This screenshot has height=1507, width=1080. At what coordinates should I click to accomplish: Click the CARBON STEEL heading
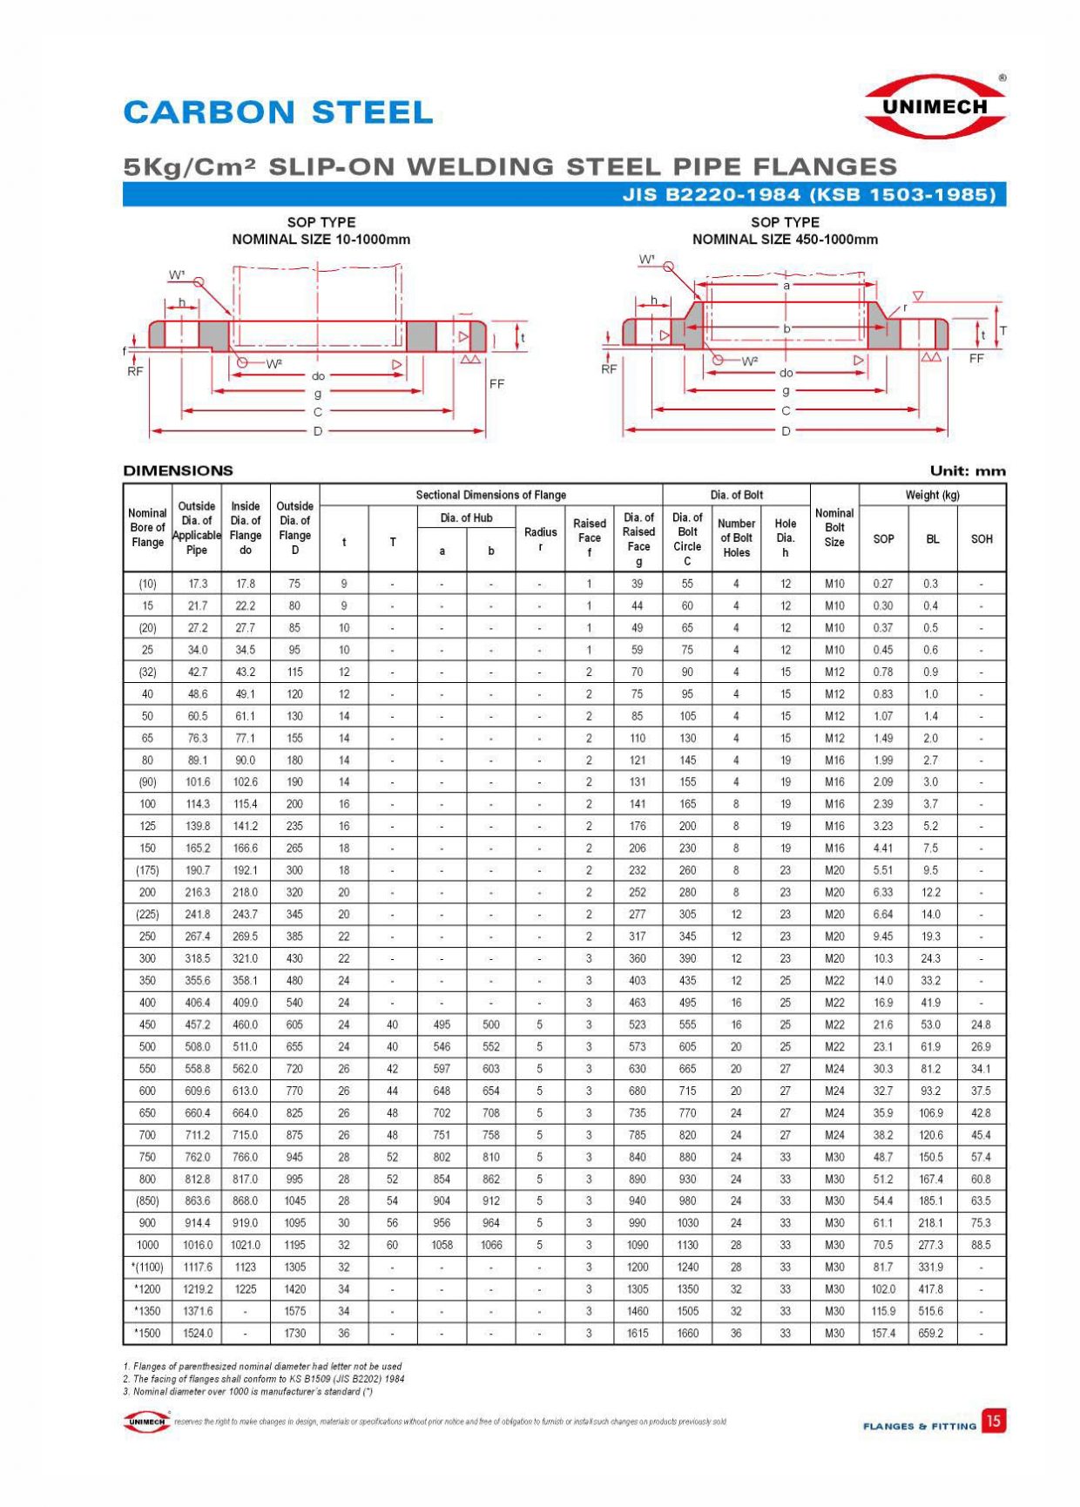pyautogui.click(x=278, y=112)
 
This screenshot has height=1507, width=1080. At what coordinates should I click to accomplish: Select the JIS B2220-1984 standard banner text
pyautogui.click(x=808, y=194)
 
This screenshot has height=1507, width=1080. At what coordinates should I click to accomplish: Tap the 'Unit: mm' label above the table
pyautogui.click(x=967, y=471)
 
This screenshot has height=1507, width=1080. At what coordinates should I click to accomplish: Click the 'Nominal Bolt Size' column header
pyautogui.click(x=834, y=527)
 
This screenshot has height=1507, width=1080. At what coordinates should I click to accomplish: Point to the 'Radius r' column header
pyautogui.click(x=540, y=539)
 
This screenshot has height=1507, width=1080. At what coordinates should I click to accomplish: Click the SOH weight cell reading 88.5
pyautogui.click(x=981, y=1245)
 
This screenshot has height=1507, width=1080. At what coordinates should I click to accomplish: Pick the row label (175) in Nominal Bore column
pyautogui.click(x=147, y=870)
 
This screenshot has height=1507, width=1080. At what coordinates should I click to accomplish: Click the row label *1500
pyautogui.click(x=147, y=1333)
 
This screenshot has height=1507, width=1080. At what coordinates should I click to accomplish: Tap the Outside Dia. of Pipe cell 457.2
pyautogui.click(x=197, y=1024)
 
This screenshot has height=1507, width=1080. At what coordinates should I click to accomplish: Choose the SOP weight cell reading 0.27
pyautogui.click(x=882, y=584)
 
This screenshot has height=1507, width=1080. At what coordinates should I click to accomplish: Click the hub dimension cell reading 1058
pyautogui.click(x=442, y=1245)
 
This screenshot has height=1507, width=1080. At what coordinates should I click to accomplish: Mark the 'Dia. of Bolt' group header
pyautogui.click(x=736, y=495)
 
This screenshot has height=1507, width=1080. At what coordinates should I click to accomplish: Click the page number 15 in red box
pyautogui.click(x=993, y=1421)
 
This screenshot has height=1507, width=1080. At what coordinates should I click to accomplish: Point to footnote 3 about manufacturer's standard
pyautogui.click(x=248, y=1391)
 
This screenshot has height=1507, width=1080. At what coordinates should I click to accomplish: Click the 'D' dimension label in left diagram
pyautogui.click(x=318, y=430)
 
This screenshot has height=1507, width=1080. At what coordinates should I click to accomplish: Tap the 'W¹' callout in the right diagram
pyautogui.click(x=646, y=260)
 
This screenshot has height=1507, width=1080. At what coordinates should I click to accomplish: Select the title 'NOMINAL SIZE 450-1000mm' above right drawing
pyautogui.click(x=785, y=240)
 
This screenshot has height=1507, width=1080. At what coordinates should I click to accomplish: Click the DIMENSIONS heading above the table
pyautogui.click(x=178, y=470)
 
